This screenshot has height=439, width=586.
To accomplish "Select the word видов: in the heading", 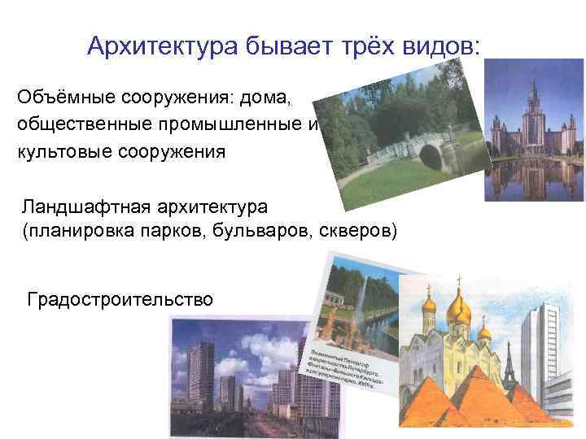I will pos(440,45).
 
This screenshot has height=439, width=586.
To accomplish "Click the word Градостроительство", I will pos(120,299).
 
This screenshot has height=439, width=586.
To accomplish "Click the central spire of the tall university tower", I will pos(535,89).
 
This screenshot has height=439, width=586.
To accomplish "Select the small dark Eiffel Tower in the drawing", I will pos(509,366).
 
